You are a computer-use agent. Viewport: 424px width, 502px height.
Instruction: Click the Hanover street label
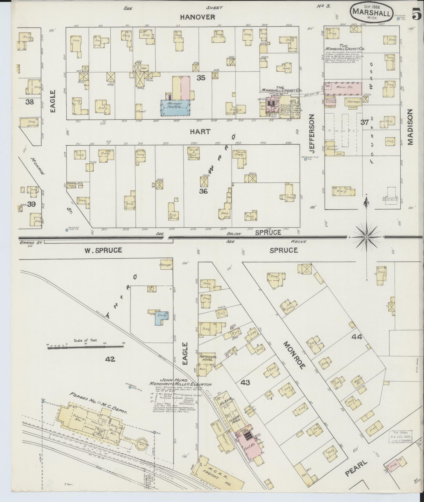pos(198,17)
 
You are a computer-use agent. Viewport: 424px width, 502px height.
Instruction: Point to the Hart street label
pos(200,132)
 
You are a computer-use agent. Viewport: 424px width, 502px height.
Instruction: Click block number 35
pos(201,85)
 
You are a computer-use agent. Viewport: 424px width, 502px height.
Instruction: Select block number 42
pos(110,360)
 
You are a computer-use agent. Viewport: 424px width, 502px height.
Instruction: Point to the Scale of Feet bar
pos(85,347)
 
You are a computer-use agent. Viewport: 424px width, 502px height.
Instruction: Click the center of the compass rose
pos(366,237)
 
